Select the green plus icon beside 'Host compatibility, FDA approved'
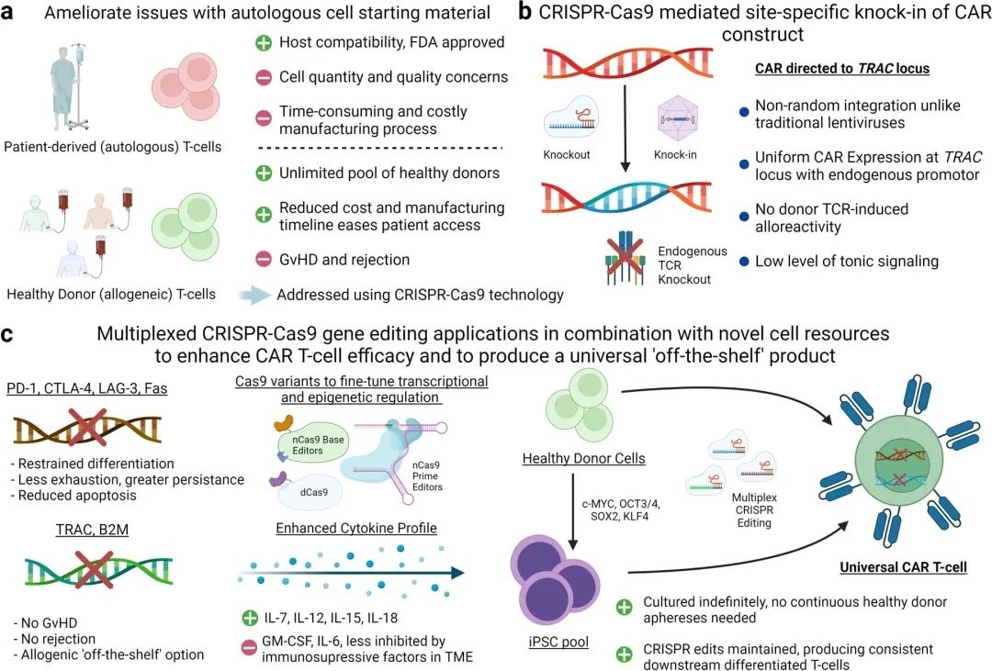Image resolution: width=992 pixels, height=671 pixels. coord(262,43)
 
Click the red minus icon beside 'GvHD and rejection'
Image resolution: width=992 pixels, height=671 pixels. coord(262,260)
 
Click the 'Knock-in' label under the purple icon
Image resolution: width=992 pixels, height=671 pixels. coord(675,154)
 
